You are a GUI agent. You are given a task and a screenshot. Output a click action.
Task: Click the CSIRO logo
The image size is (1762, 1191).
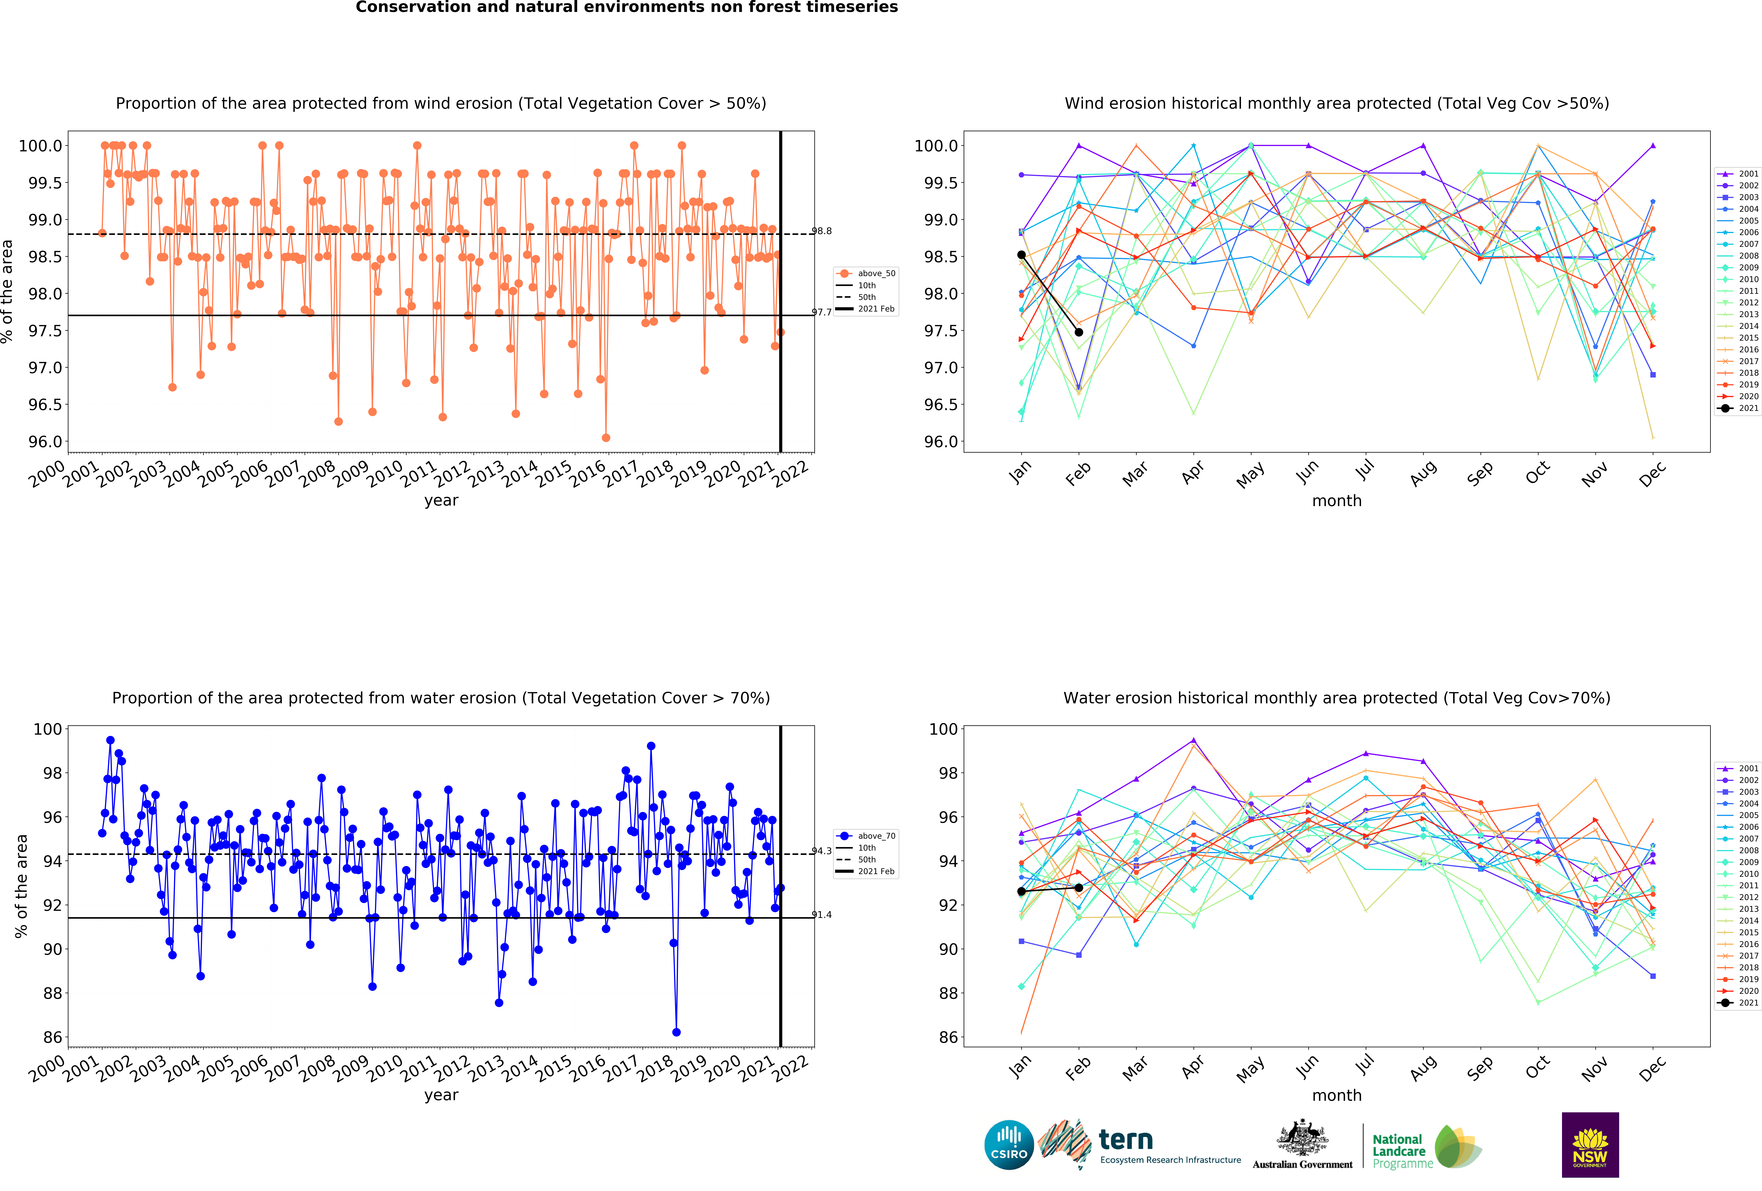1009,1145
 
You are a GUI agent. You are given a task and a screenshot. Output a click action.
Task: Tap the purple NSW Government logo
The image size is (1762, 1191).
1590,1145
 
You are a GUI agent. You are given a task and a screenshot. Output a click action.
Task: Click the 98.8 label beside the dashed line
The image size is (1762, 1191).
822,231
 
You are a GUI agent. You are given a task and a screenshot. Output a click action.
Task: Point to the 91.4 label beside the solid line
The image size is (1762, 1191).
822,915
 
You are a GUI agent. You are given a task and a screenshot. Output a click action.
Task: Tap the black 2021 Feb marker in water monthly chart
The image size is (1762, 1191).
1079,888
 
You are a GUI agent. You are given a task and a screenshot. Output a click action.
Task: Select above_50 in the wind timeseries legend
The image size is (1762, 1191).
876,274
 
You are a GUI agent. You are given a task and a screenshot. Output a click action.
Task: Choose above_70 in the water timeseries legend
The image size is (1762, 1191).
876,836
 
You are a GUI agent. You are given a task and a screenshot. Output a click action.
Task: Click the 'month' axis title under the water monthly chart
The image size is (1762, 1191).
1337,1096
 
